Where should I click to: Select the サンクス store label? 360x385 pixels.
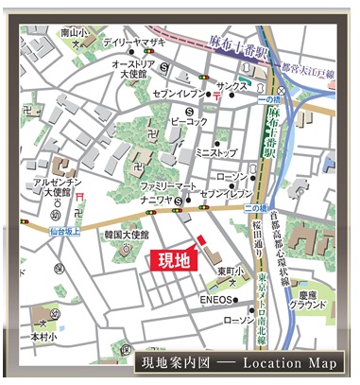coord(231,86)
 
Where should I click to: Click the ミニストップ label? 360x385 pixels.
coord(214,151)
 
